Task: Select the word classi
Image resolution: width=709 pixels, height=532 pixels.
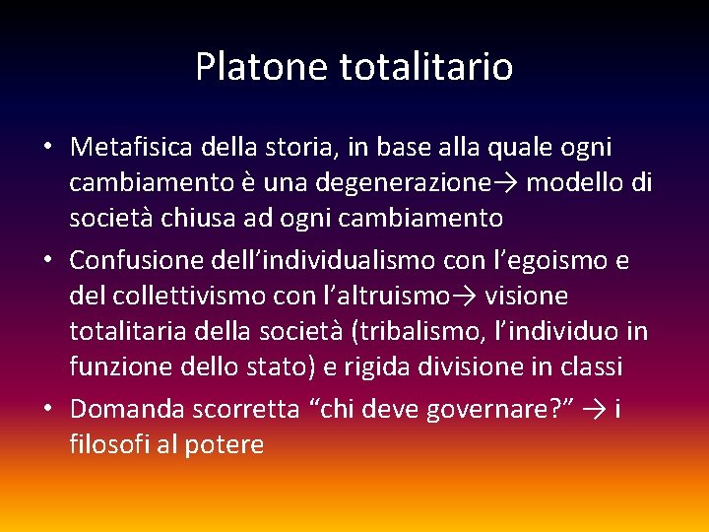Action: pyautogui.click(x=588, y=366)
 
